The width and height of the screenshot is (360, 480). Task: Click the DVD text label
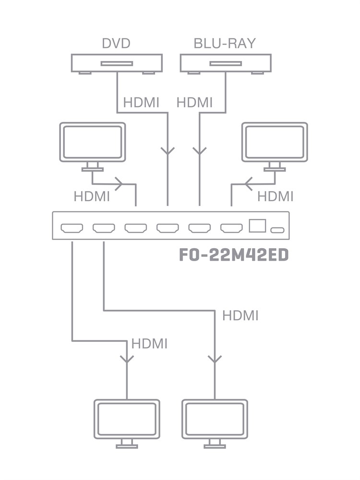(x=116, y=43)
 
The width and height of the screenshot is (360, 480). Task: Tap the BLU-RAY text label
(x=225, y=43)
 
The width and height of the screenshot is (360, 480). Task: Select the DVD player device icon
(x=117, y=63)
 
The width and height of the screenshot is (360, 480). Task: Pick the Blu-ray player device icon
(x=226, y=63)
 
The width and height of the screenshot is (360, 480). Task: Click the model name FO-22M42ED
(x=234, y=255)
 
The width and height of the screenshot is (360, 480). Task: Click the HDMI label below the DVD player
(x=141, y=102)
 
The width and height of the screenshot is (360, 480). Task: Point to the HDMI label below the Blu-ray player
(x=194, y=102)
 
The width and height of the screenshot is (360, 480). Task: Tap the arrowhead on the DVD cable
(x=168, y=151)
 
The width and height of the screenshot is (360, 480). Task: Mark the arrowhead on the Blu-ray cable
(x=199, y=151)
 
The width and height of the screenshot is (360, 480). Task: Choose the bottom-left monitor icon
(x=127, y=420)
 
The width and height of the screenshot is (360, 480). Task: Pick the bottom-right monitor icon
(x=215, y=420)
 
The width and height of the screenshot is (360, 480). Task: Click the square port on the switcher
(x=258, y=226)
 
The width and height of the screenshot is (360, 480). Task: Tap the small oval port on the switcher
(x=277, y=230)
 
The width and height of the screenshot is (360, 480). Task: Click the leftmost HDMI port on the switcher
(x=72, y=228)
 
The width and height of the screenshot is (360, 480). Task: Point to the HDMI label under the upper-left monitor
(x=92, y=196)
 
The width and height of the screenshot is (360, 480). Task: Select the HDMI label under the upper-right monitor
(x=275, y=196)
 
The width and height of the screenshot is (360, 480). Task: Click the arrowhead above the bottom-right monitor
(x=215, y=359)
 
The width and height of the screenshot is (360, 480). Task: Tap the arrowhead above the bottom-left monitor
(x=127, y=359)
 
